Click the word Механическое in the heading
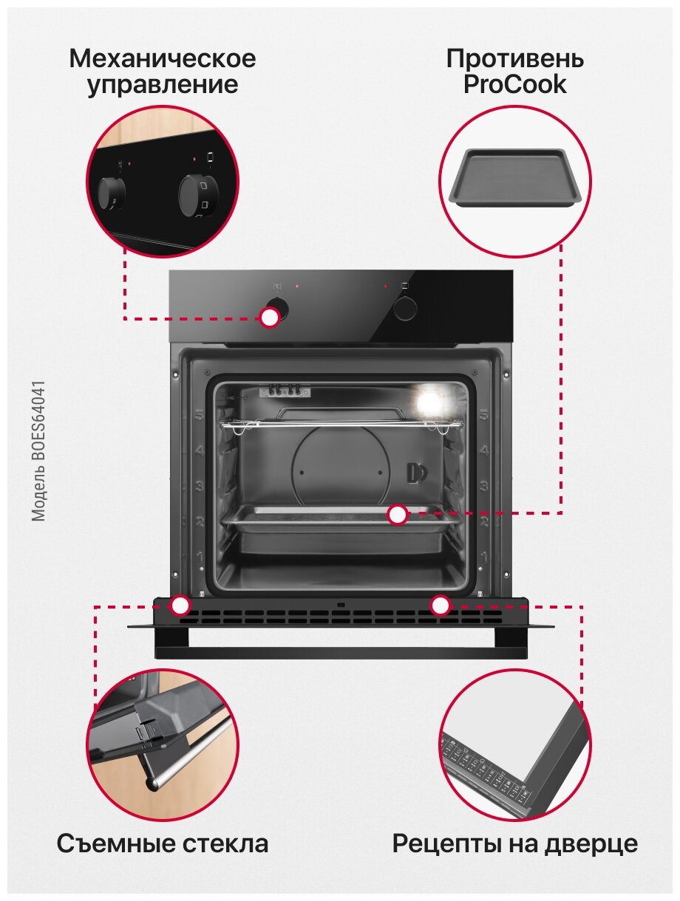(x=163, y=58)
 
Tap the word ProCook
(x=515, y=84)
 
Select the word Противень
(x=515, y=58)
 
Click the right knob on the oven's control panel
(x=406, y=307)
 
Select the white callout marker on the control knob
(x=270, y=318)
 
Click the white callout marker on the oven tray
(x=398, y=515)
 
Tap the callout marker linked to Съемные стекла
(x=180, y=606)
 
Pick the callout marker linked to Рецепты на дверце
(x=441, y=606)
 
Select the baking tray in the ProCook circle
(x=515, y=177)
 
